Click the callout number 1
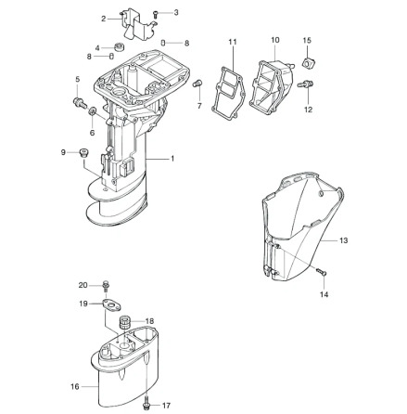click(x=173, y=159)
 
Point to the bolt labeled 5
click(x=80, y=96)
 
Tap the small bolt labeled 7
click(x=197, y=84)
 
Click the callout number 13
click(x=343, y=240)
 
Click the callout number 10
click(x=274, y=40)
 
